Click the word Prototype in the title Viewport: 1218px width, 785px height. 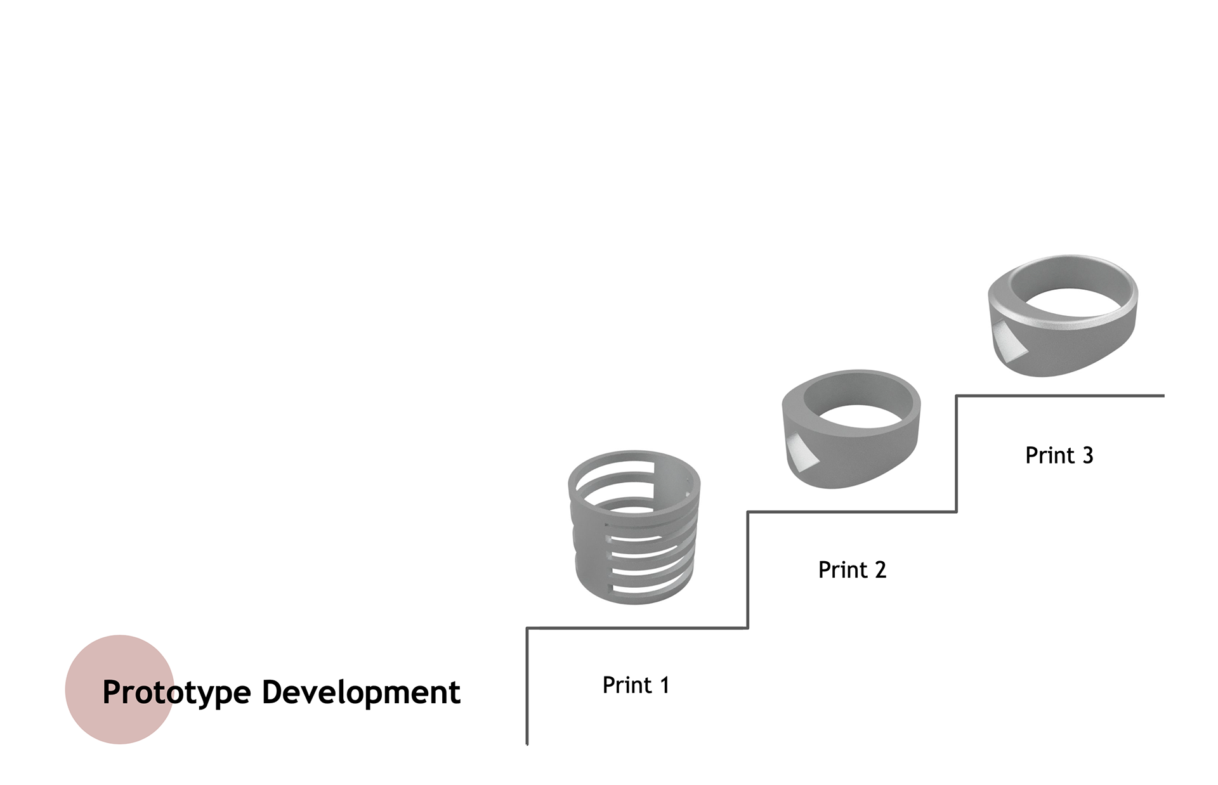click(176, 692)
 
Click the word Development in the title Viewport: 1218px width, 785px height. click(361, 692)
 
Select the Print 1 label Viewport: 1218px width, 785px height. click(636, 685)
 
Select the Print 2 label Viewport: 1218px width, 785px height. click(852, 570)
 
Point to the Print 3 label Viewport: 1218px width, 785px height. click(1059, 455)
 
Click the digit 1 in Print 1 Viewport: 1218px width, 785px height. click(664, 685)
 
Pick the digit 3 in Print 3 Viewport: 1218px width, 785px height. click(1087, 455)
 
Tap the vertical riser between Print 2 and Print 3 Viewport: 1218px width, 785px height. click(956, 453)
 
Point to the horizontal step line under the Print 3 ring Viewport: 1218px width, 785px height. click(1059, 396)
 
